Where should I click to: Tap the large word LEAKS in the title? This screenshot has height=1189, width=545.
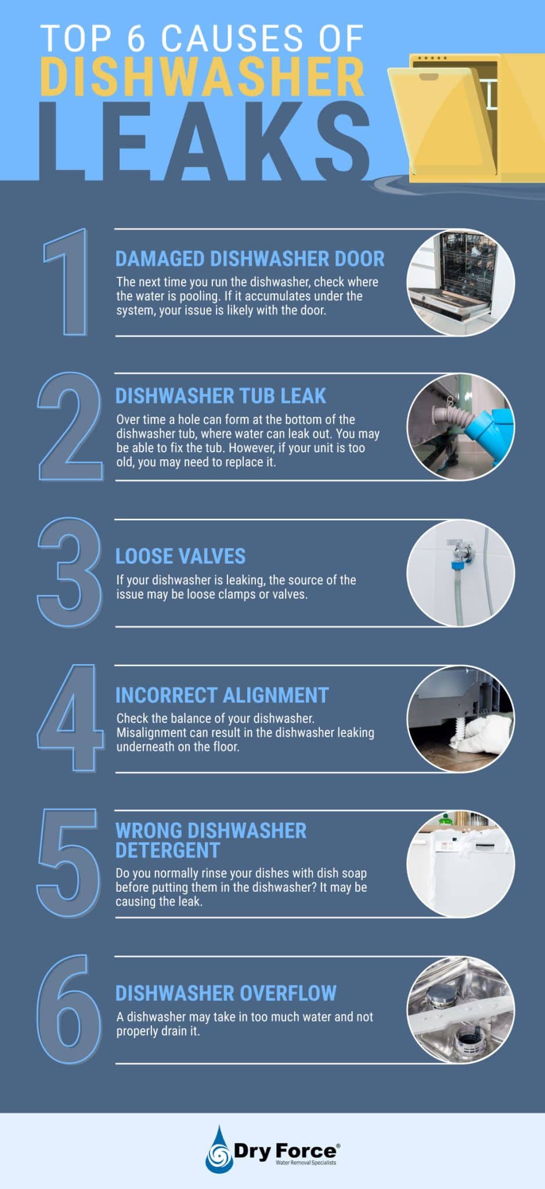point(203,142)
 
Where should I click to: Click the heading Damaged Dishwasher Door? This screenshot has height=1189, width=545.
point(250,259)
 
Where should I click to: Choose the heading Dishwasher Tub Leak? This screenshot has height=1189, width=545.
point(221,396)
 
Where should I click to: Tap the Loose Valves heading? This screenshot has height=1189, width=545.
point(181,556)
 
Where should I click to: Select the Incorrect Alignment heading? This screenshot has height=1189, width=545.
point(222,696)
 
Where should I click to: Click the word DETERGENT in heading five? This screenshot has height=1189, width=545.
point(168,851)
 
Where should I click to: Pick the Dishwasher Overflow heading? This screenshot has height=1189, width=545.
point(226,993)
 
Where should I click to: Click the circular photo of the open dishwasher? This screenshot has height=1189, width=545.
point(460,283)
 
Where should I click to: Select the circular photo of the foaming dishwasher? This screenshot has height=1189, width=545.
point(460,864)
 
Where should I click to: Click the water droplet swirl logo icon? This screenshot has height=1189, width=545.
point(219,1150)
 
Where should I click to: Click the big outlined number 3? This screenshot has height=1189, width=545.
point(68,572)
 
